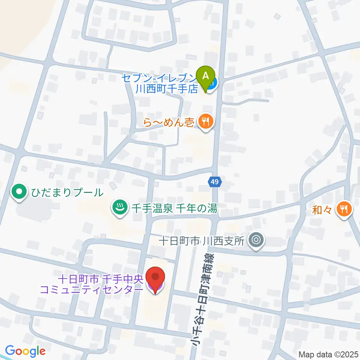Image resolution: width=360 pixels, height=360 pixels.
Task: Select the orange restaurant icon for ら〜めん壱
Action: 205,121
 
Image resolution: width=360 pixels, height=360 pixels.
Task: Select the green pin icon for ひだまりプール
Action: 18,193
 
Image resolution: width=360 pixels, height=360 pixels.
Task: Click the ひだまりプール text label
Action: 66,193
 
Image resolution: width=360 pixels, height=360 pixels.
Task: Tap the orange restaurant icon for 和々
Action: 343,208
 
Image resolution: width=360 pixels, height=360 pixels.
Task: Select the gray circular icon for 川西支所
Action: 257,238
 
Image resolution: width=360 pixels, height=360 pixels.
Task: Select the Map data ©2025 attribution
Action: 328,354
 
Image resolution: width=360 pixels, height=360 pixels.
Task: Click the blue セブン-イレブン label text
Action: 159,78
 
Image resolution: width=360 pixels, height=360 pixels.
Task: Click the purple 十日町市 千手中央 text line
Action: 100,279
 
